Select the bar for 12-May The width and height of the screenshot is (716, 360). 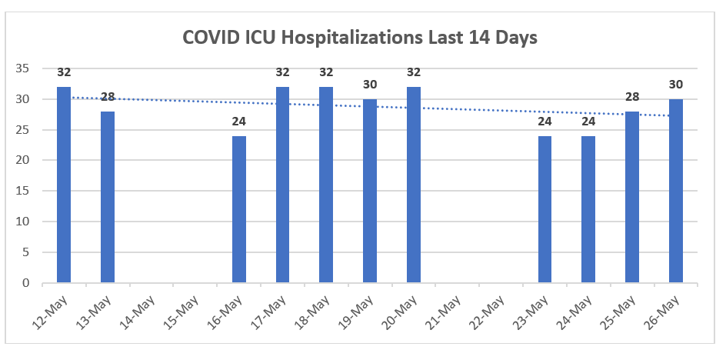click(x=64, y=185)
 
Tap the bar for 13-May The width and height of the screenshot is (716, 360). click(x=108, y=197)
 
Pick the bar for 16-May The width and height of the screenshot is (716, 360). click(x=239, y=209)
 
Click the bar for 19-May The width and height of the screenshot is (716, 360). click(x=370, y=191)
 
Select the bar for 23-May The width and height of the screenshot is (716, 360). click(x=544, y=209)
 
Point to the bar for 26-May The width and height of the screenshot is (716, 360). click(x=676, y=191)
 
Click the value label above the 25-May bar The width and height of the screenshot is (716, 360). click(x=632, y=96)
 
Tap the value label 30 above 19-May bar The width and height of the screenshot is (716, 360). click(x=370, y=84)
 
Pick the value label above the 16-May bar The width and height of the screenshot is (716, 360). click(x=239, y=121)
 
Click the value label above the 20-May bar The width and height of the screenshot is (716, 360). click(x=414, y=72)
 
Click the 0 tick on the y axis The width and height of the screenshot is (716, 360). click(x=25, y=283)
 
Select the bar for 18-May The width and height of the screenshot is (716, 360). click(x=326, y=185)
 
